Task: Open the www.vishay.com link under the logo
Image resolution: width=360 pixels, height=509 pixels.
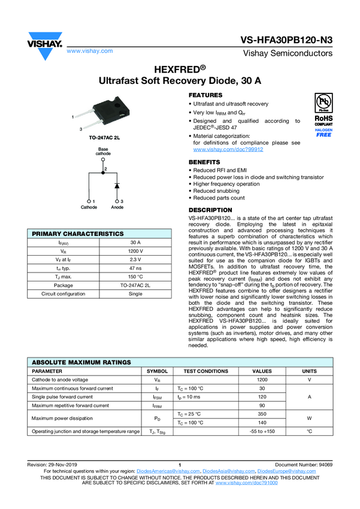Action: (90, 51)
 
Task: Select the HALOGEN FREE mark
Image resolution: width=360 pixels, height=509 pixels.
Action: (323, 132)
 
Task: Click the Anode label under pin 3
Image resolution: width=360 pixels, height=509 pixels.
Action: (117, 207)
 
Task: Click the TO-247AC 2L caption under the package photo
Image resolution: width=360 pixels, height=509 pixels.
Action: (105, 138)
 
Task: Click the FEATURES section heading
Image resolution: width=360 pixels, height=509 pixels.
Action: (205, 96)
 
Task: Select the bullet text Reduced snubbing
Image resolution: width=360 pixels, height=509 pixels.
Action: (217, 191)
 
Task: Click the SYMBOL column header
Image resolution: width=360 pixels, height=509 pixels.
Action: (157, 371)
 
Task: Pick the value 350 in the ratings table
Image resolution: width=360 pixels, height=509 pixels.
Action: (262, 414)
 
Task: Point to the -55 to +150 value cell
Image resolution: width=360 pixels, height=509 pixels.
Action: (262, 431)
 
